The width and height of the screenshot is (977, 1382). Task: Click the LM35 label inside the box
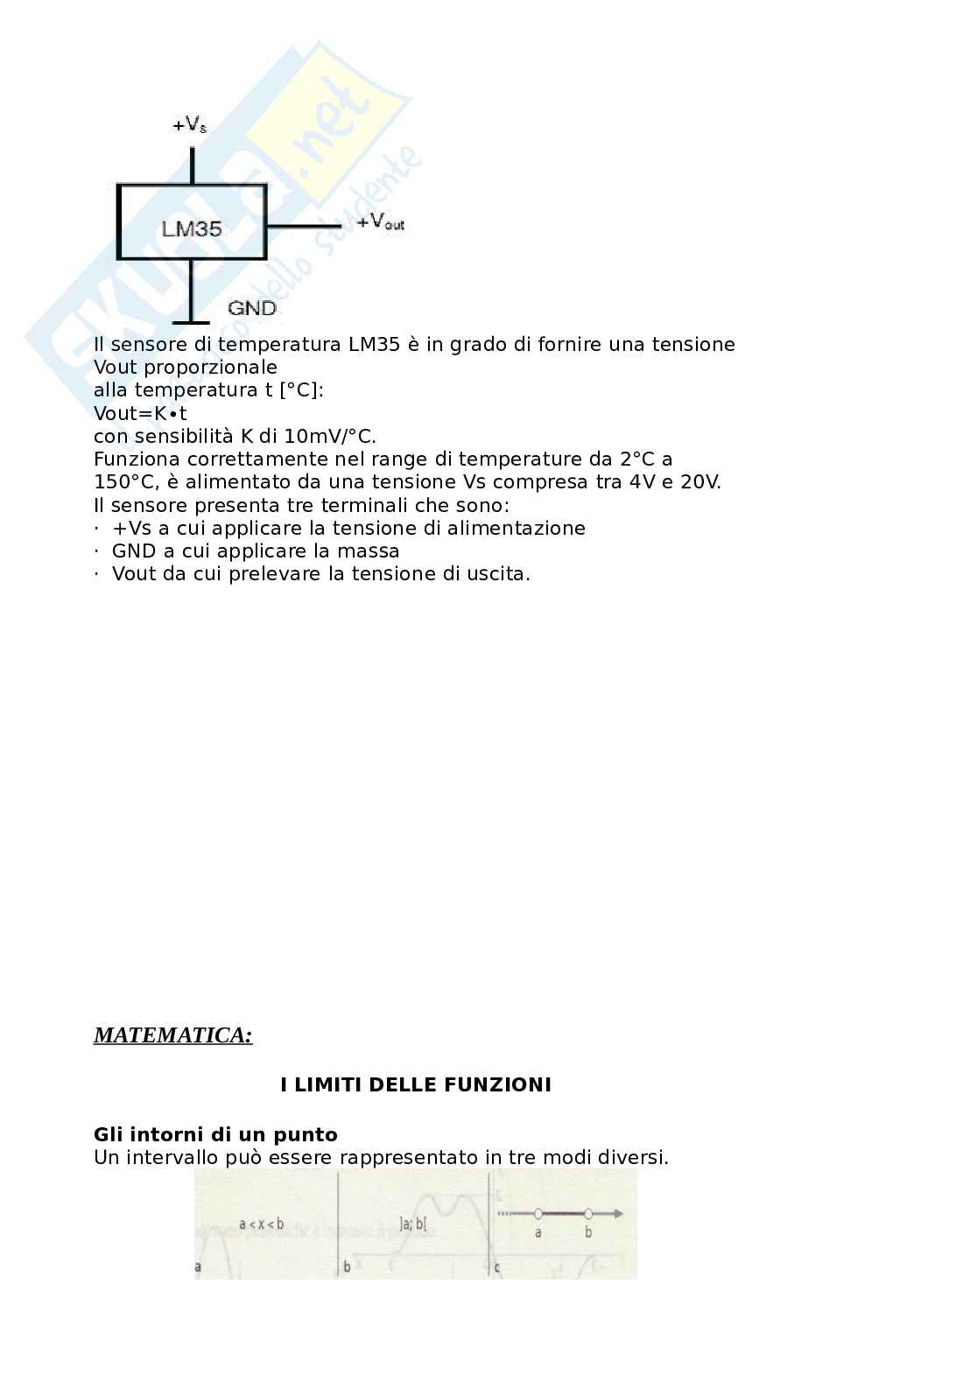click(192, 229)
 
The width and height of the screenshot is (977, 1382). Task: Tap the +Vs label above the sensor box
click(190, 126)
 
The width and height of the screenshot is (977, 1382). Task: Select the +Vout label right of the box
click(380, 222)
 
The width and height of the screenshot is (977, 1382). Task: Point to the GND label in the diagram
click(251, 308)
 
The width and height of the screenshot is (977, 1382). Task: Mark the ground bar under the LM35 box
click(192, 323)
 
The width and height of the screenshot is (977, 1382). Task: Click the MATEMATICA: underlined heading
click(172, 1035)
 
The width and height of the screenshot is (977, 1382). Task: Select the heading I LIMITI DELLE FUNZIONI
click(416, 1085)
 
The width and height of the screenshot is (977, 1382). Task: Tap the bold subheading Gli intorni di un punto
click(215, 1135)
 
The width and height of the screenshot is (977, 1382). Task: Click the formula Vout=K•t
click(140, 413)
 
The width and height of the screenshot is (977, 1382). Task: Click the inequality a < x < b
click(261, 1224)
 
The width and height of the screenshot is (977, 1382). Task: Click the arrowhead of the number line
click(618, 1213)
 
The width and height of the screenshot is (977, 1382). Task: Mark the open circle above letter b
click(588, 1213)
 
